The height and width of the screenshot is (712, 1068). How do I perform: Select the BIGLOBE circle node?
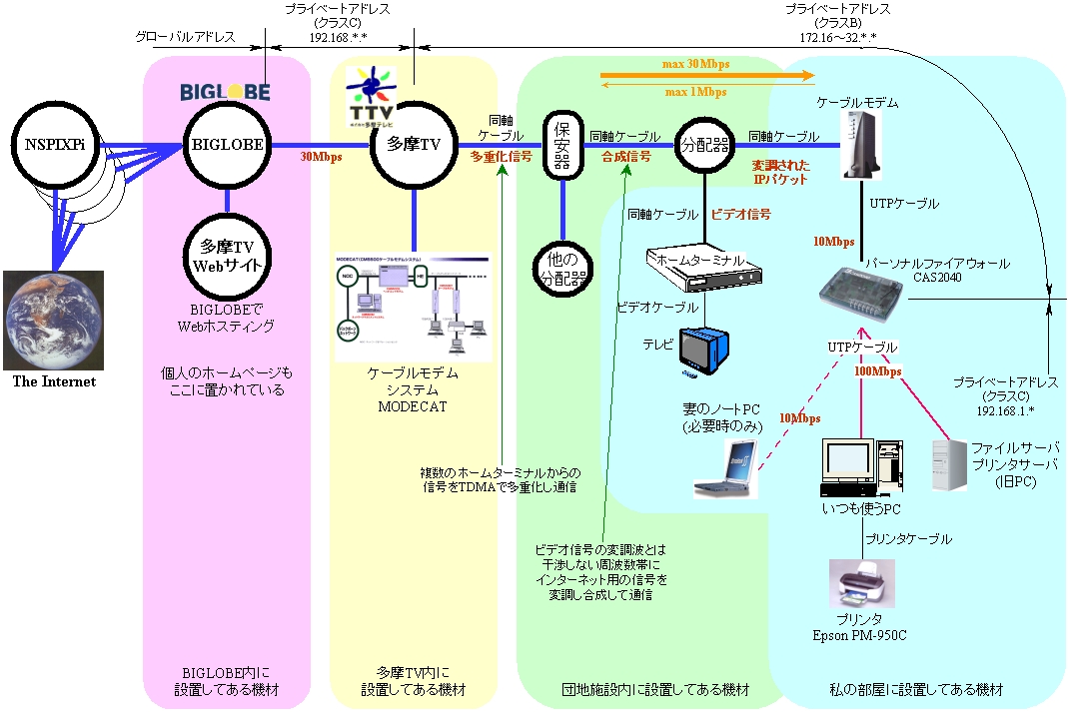point(228,144)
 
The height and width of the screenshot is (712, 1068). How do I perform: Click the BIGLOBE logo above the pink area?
point(226,91)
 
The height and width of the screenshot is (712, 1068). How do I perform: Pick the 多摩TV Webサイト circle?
point(228,256)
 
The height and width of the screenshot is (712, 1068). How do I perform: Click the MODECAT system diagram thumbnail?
point(414,307)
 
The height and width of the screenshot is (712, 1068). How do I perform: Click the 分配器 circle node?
point(703,144)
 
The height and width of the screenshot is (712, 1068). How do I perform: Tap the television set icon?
point(707,350)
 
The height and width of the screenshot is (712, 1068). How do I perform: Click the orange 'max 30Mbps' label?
point(695,64)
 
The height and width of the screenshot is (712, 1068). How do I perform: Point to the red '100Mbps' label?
point(878,371)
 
